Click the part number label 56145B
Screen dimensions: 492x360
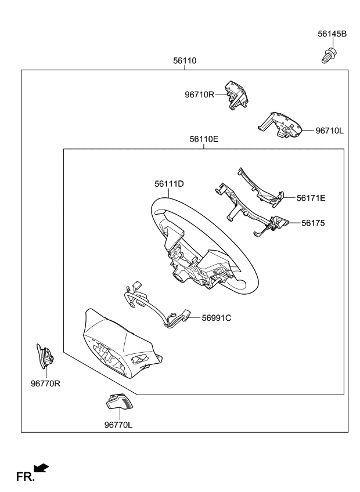tap(332, 34)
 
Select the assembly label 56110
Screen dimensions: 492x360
tap(185, 60)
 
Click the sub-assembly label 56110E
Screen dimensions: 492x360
tap(204, 139)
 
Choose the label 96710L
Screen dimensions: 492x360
tap(329, 131)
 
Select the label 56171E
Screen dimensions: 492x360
tap(311, 198)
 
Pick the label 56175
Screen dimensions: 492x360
tap(314, 222)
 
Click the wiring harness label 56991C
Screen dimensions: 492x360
tap(216, 317)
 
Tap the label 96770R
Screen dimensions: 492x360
tap(45, 383)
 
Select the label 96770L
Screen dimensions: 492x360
tap(118, 425)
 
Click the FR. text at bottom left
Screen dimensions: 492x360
tap(25, 477)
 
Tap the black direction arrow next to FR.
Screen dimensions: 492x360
tap(42, 468)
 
